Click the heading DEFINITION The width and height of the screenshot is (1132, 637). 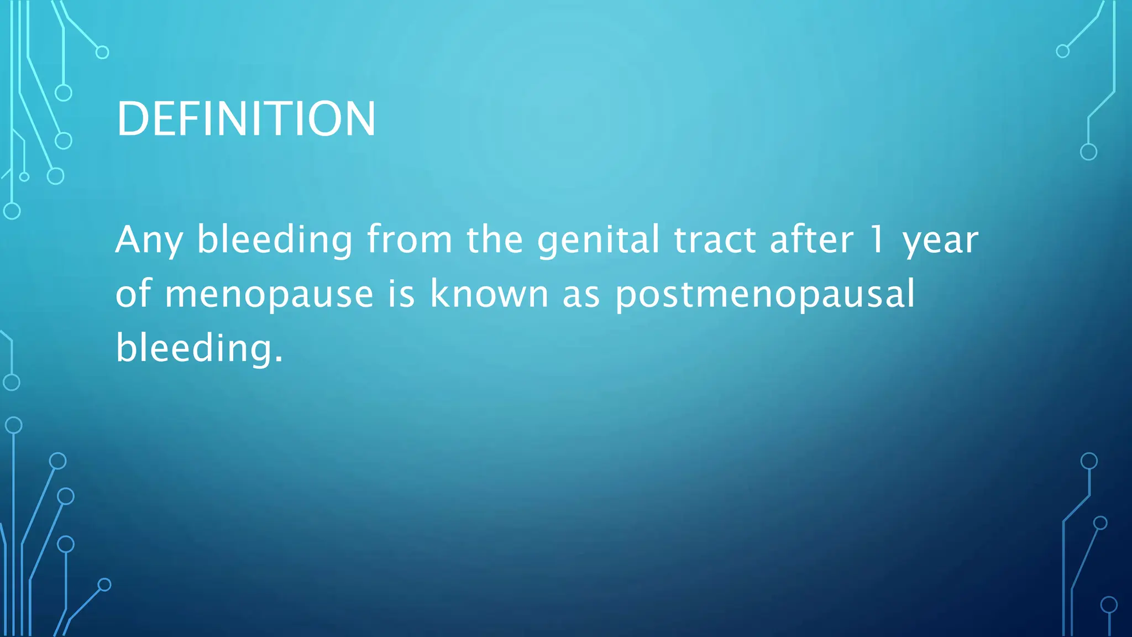tap(246, 119)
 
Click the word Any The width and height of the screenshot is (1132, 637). tap(149, 241)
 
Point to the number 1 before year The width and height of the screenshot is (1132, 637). tap(877, 241)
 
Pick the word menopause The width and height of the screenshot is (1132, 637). tap(269, 295)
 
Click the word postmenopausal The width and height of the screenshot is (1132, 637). tap(765, 295)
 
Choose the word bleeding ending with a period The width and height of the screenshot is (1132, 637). tap(199, 348)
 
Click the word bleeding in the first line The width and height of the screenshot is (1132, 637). tap(275, 241)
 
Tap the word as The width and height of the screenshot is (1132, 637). tap(581, 295)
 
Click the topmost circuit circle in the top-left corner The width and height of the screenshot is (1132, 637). tap(102, 53)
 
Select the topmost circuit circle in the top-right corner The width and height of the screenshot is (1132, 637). tap(1062, 51)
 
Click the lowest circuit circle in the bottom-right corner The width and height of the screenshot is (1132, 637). tap(1109, 605)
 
